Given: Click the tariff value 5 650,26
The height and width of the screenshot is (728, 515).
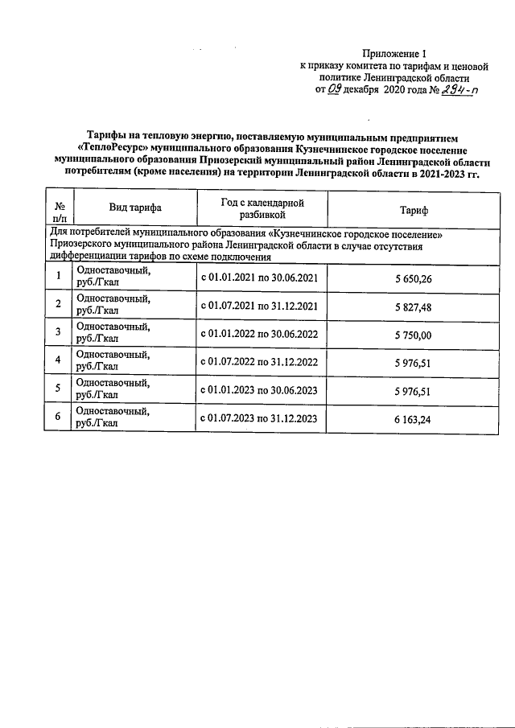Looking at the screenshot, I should point(414,278).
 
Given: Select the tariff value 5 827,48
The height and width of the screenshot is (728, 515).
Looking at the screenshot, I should point(414,306).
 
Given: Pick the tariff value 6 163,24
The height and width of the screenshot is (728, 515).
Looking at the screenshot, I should point(414,418).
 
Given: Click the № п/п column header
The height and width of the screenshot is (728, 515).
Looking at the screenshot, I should point(60,210).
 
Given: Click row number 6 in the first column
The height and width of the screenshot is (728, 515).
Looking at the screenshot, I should point(58,418).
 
